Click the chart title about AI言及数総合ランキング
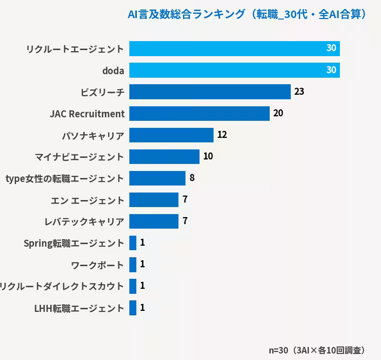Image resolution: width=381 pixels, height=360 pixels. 247,14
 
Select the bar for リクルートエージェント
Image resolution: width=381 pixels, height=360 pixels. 235,49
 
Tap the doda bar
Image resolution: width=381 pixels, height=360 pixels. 235,70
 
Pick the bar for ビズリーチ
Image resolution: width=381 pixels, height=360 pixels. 210,92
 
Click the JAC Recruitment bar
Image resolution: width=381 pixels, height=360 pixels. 200,113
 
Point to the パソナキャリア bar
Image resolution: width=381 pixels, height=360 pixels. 171,135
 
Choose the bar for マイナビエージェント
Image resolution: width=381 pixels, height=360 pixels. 164,156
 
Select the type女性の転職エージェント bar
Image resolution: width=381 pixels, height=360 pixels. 157,178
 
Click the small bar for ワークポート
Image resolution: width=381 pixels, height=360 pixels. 133,264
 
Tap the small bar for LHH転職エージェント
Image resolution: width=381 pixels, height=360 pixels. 133,308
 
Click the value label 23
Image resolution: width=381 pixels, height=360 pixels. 299,91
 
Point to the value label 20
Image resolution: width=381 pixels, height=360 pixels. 278,113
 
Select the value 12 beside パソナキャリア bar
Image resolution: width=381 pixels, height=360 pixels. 222,134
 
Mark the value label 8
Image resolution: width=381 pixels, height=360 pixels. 192,177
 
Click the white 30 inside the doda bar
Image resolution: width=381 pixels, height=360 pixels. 331,70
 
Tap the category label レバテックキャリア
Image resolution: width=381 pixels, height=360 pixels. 84,222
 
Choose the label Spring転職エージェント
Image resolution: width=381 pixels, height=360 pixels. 74,243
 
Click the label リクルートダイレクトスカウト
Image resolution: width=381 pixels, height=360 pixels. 62,286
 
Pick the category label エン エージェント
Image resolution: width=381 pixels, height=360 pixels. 87,201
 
